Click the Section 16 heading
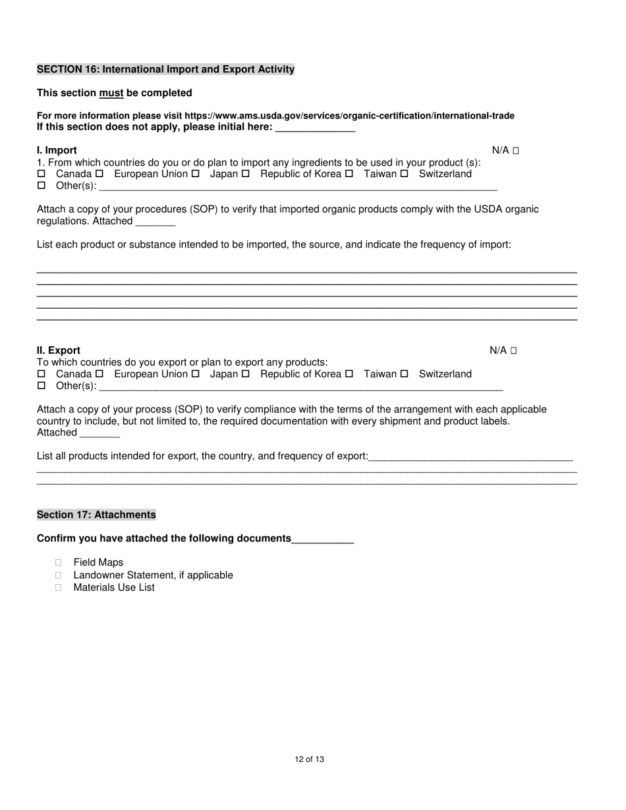165,69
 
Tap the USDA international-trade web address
349,116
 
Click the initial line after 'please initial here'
315,128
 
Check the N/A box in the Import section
516,151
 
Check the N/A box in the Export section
514,351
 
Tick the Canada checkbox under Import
41,174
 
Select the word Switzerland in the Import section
445,174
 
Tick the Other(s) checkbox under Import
41,186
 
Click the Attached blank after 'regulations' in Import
155,222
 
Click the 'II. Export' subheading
59,350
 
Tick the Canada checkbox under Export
41,374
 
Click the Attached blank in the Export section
100,433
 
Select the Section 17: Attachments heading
96,514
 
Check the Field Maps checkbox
59,562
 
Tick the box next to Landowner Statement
59,575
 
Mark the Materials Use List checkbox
59,587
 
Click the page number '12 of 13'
310,759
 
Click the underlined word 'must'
111,93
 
